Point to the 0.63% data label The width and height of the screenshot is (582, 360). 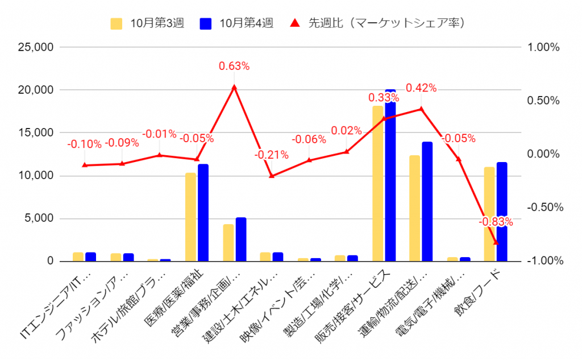pyautogui.click(x=234, y=66)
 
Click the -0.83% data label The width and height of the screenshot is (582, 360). pyautogui.click(x=495, y=221)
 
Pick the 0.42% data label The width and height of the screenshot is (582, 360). pyautogui.click(x=421, y=88)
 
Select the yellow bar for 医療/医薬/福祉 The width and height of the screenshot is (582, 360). pyautogui.click(x=190, y=217)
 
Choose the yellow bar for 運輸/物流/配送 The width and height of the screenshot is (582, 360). pyautogui.click(x=415, y=208)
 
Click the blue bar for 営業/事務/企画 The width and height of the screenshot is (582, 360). pyautogui.click(x=241, y=239)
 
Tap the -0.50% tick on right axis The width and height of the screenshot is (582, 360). pyautogui.click(x=544, y=208)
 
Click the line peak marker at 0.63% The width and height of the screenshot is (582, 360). pyautogui.click(x=234, y=87)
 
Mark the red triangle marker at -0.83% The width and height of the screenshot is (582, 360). pyautogui.click(x=496, y=242)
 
